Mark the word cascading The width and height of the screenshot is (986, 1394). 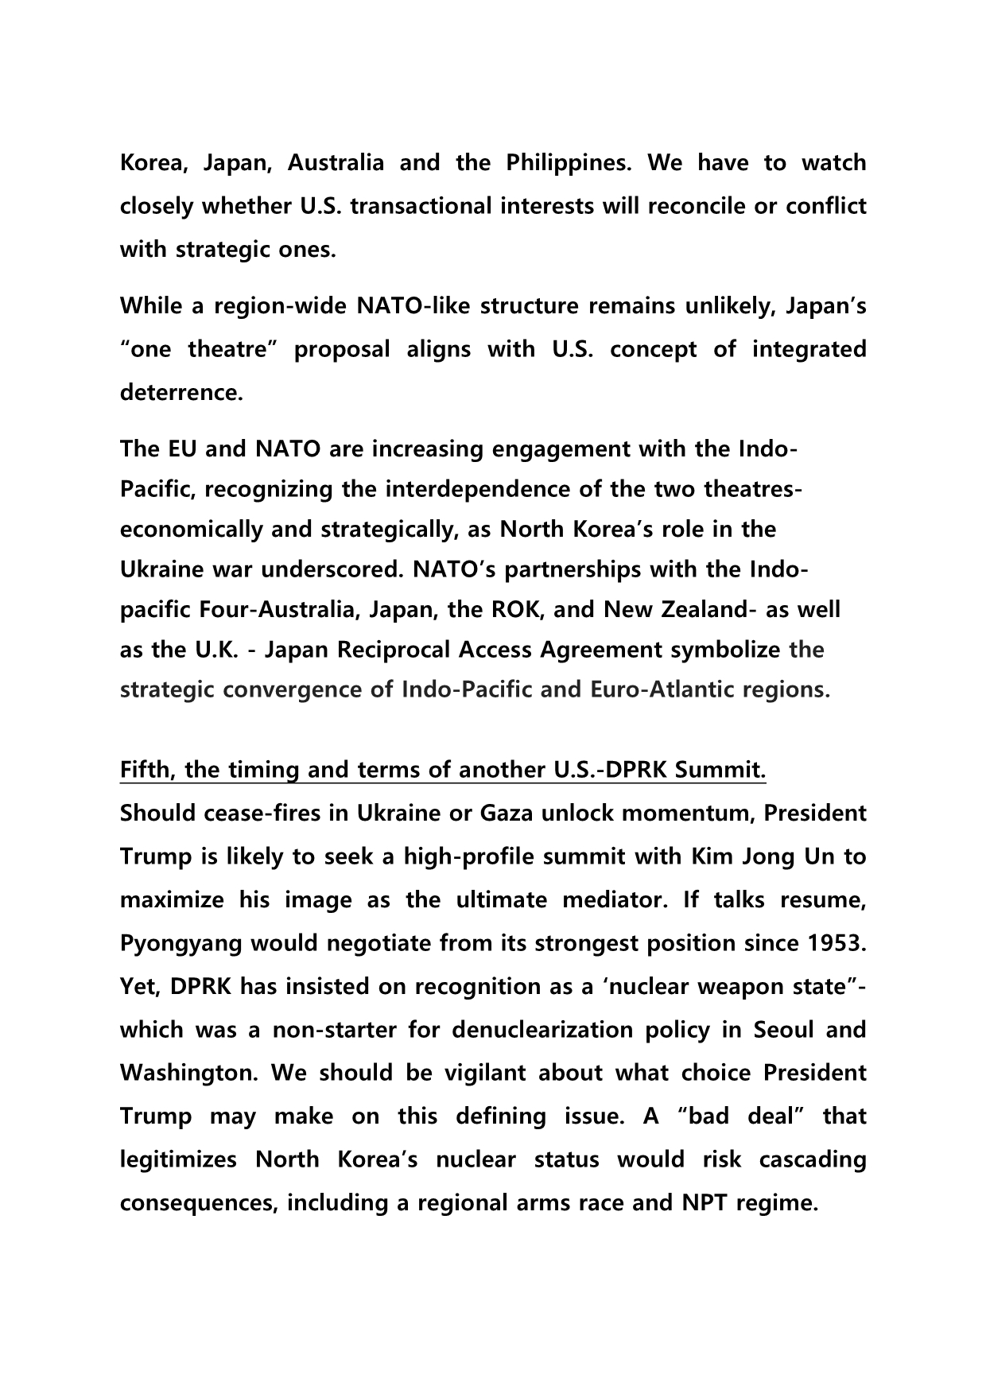(813, 1160)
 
